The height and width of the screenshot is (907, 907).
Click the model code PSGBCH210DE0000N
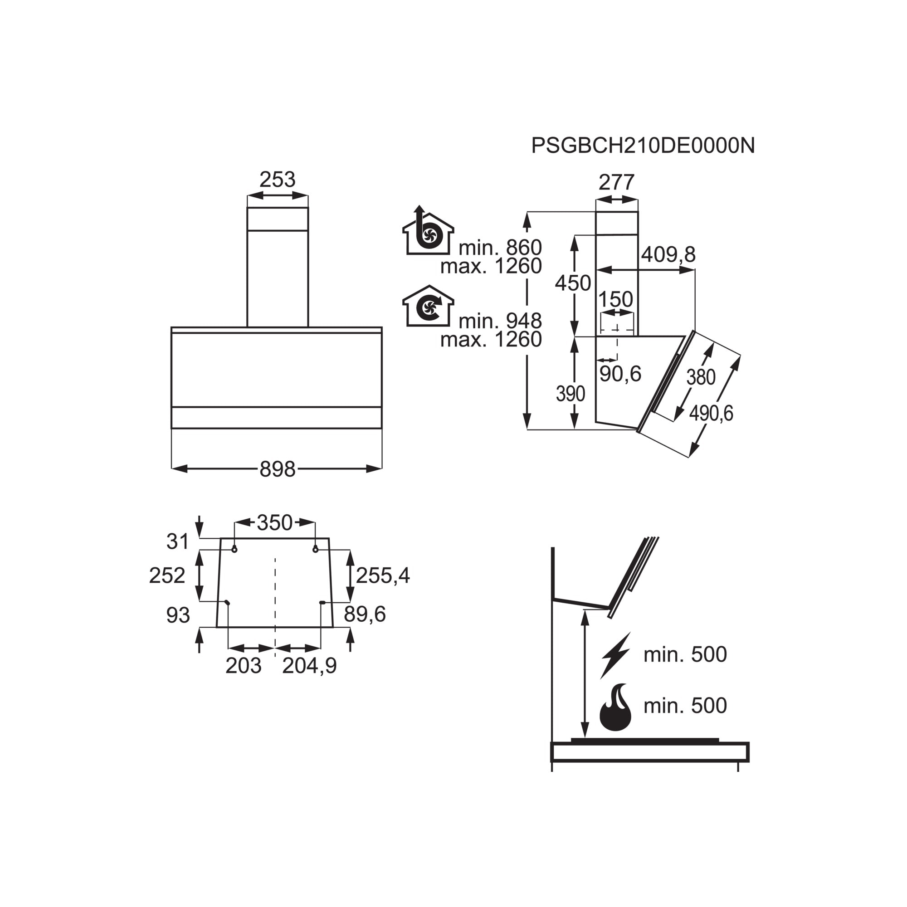(x=643, y=146)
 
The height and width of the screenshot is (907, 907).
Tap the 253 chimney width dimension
(x=278, y=179)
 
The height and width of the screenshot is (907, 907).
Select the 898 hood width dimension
(x=278, y=469)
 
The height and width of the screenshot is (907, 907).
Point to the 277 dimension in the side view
(x=616, y=182)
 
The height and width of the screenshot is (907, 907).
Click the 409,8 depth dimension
(x=668, y=254)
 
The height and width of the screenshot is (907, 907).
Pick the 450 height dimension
(x=573, y=283)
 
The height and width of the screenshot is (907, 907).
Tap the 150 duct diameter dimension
(x=616, y=299)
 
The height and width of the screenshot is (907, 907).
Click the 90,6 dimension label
(x=620, y=374)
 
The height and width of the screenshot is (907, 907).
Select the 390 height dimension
(x=571, y=394)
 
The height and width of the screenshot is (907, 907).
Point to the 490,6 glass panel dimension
(x=711, y=414)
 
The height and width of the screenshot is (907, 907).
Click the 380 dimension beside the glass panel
(x=701, y=377)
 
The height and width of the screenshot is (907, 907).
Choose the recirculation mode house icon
(x=428, y=306)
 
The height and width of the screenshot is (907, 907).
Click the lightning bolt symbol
(x=615, y=655)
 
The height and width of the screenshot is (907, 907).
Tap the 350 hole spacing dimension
(x=275, y=522)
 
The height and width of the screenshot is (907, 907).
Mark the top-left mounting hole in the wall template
(x=234, y=549)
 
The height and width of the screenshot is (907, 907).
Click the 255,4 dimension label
(x=383, y=575)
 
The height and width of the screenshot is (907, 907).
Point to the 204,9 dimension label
(x=310, y=666)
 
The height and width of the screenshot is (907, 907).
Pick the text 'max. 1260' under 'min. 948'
(x=491, y=339)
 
